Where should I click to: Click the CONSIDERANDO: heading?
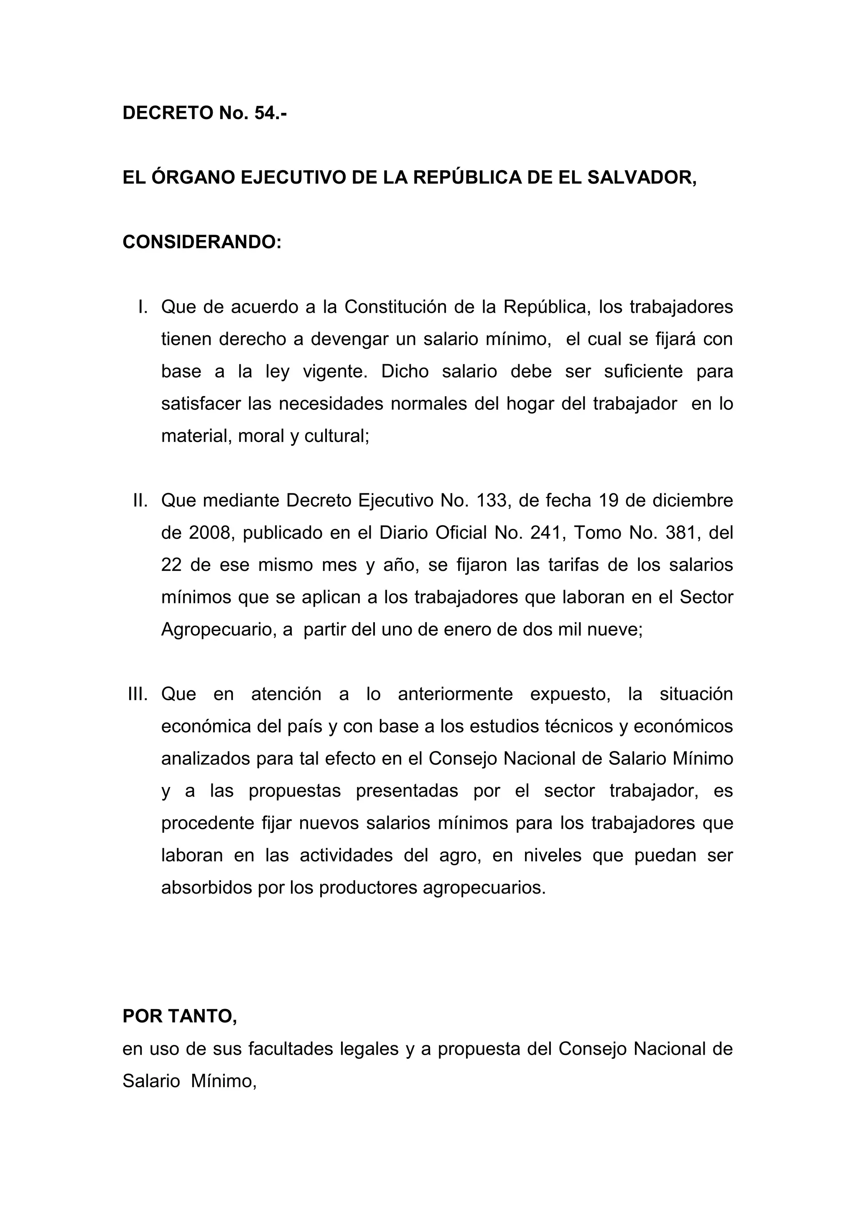(202, 242)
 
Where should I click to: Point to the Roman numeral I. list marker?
(142, 307)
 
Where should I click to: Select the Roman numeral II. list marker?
(140, 501)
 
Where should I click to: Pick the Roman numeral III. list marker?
(138, 694)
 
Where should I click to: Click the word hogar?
(529, 404)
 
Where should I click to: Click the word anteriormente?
(455, 694)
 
